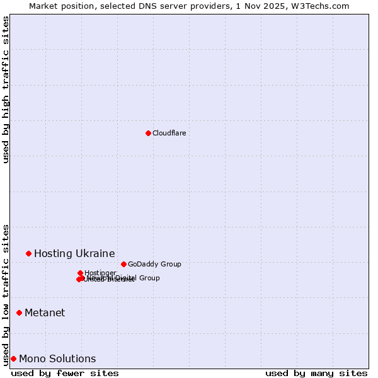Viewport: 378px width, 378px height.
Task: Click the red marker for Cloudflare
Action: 148,133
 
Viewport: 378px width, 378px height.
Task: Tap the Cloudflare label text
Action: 169,133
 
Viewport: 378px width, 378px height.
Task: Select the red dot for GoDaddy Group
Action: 123,264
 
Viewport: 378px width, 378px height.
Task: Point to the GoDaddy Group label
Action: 154,264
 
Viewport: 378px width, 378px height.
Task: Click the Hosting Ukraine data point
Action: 28,253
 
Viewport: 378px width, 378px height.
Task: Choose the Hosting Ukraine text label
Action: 74,253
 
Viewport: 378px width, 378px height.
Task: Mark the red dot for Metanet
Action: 19,312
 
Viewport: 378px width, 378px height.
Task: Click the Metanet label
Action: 45,312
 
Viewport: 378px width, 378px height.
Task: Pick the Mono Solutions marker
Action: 13,358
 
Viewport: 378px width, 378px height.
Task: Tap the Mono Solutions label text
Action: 57,358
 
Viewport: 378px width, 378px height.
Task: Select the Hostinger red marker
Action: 80,273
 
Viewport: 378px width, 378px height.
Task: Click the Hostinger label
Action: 100,273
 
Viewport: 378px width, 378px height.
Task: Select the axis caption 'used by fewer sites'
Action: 65,373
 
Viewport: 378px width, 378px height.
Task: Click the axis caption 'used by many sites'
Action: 316,373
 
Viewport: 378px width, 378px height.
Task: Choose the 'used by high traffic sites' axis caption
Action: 6,89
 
